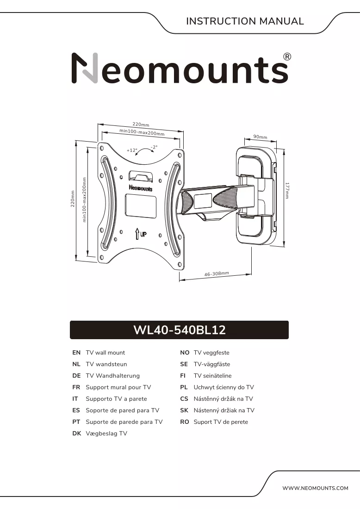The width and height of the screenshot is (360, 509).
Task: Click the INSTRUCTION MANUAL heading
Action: pyautogui.click(x=245, y=21)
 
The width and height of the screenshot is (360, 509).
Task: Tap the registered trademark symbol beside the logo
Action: pyautogui.click(x=287, y=57)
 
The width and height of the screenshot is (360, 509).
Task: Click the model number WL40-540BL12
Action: pyautogui.click(x=180, y=330)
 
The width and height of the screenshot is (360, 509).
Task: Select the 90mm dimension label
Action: pyautogui.click(x=261, y=137)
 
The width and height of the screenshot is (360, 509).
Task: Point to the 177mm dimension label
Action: pyautogui.click(x=287, y=191)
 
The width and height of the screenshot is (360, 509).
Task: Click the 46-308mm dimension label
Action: pyautogui.click(x=217, y=274)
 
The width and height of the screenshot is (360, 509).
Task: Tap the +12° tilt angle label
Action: pyautogui.click(x=132, y=150)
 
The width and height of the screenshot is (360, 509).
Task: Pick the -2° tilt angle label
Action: pyautogui.click(x=154, y=147)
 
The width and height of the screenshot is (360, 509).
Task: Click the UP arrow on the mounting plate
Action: pyautogui.click(x=137, y=234)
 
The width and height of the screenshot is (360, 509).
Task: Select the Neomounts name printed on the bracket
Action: pyautogui.click(x=141, y=188)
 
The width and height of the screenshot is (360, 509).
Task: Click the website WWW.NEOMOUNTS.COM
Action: pyautogui.click(x=315, y=488)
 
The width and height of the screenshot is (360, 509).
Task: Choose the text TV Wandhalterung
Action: pyautogui.click(x=112, y=376)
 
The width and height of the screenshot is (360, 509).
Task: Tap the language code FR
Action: pyautogui.click(x=76, y=387)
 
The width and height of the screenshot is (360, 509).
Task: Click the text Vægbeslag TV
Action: pyautogui.click(x=106, y=434)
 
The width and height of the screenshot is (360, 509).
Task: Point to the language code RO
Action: pyautogui.click(x=184, y=422)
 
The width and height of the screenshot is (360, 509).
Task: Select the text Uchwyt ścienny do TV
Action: pyautogui.click(x=223, y=387)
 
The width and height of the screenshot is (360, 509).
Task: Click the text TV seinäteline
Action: pyautogui.click(x=213, y=376)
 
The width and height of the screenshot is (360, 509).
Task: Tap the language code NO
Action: pyautogui.click(x=185, y=353)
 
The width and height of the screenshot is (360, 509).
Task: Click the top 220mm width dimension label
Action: pyautogui.click(x=141, y=124)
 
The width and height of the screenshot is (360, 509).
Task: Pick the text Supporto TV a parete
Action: pyautogui.click(x=116, y=399)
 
